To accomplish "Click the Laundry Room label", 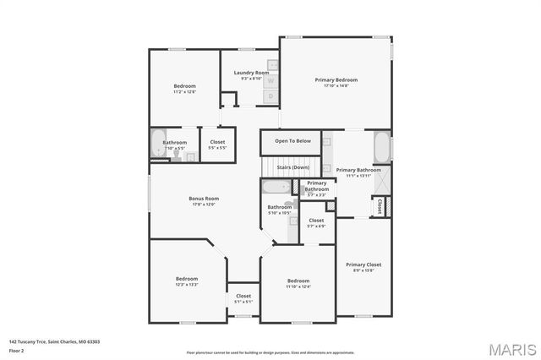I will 251,74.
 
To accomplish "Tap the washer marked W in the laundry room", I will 271,81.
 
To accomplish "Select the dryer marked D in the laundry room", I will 270,96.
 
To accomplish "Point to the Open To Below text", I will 292,141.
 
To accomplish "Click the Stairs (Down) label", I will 292,167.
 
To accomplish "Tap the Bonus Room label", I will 204,199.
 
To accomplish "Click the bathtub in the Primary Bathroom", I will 382,148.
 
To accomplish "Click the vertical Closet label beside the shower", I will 380,205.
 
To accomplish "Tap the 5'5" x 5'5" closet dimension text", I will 217,148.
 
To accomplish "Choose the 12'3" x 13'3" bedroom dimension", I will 186,285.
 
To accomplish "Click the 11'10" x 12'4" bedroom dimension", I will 298,286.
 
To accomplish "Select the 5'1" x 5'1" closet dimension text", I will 243,302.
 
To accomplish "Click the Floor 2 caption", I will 17,350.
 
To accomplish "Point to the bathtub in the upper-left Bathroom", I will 158,144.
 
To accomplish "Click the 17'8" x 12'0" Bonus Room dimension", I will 204,205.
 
